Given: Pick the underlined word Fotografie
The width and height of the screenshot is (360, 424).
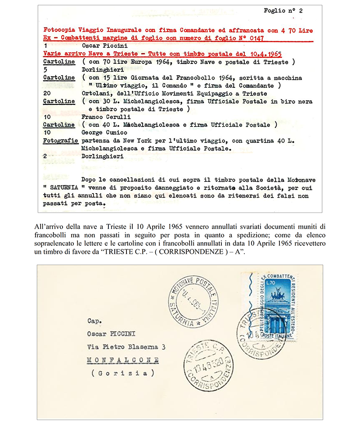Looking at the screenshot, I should pyautogui.click(x=59, y=141).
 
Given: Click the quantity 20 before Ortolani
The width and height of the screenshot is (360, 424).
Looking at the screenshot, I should pyautogui.click(x=47, y=93).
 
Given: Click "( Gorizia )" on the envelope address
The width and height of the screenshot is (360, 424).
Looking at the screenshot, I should pyautogui.click(x=120, y=373).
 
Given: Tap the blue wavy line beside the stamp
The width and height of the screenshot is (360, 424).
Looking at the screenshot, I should pyautogui.click(x=247, y=297).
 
